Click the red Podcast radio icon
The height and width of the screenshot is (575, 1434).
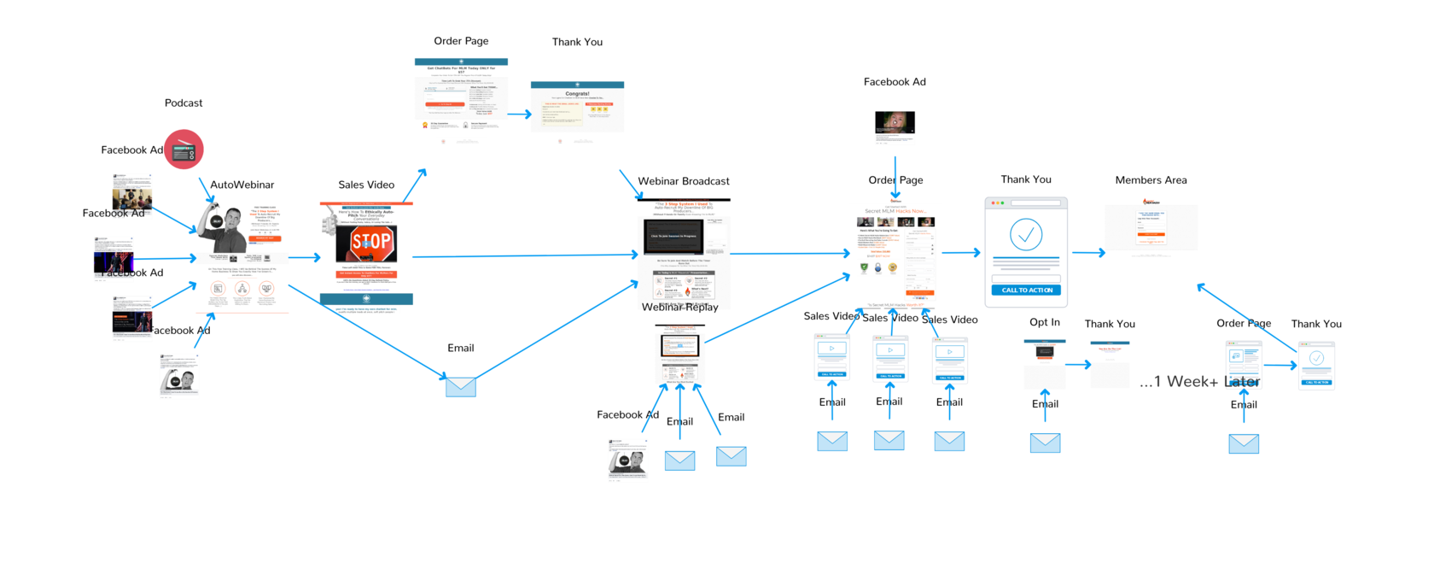click(x=184, y=150)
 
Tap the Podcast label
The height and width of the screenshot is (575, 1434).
click(x=184, y=103)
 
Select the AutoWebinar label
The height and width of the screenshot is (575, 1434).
click(x=242, y=185)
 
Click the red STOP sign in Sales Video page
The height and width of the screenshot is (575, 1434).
click(x=370, y=243)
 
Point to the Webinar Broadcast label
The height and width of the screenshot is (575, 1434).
click(x=684, y=181)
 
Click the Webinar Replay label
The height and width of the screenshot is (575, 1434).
click(x=680, y=307)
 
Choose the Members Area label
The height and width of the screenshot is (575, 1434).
click(x=1151, y=180)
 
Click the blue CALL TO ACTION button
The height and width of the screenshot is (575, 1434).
click(x=1026, y=290)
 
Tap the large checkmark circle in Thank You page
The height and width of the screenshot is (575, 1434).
click(x=1026, y=234)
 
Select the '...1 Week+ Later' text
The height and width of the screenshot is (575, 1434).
click(x=1199, y=382)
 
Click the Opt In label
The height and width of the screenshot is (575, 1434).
click(x=1045, y=322)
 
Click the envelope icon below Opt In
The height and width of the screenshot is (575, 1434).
click(x=1045, y=443)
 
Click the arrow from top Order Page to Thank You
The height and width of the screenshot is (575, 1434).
click(x=520, y=114)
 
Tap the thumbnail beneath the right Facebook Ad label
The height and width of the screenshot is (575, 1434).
click(x=895, y=124)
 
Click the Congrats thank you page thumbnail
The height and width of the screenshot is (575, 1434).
click(x=577, y=107)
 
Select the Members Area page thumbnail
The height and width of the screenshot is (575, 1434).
click(x=1151, y=227)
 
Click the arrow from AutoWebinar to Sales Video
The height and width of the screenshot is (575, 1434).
click(x=305, y=257)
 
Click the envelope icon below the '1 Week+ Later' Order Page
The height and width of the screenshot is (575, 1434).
click(x=1244, y=443)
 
